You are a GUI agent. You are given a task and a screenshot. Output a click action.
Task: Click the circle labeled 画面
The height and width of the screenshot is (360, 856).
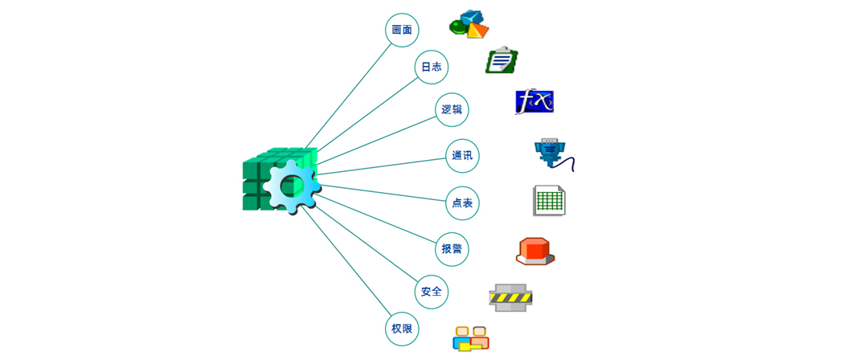(x=402, y=30)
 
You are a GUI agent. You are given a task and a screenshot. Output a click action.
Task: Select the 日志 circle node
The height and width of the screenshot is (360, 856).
(x=431, y=67)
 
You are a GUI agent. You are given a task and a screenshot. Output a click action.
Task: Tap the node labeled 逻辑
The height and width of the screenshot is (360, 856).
(x=452, y=109)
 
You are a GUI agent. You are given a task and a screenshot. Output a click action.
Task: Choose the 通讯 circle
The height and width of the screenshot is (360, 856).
(x=462, y=156)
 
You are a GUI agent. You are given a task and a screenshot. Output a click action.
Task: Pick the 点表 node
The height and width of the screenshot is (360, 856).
(x=462, y=203)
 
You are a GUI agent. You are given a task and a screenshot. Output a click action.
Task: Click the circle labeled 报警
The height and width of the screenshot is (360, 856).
(x=452, y=248)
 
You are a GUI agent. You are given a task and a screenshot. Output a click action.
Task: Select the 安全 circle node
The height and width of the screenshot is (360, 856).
(x=432, y=291)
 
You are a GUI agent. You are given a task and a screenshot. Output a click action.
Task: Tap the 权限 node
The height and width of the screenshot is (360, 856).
(x=402, y=329)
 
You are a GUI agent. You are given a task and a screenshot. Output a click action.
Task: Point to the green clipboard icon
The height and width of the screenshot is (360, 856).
(x=502, y=60)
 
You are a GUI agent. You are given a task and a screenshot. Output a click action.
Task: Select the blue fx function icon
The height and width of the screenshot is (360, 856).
(x=534, y=102)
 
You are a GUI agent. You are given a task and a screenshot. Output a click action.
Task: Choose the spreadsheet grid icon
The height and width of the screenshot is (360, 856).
(x=550, y=200)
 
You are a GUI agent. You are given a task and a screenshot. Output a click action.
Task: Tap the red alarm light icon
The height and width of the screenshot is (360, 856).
(x=535, y=250)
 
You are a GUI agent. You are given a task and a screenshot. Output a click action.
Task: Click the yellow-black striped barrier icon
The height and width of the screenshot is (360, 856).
(x=510, y=297)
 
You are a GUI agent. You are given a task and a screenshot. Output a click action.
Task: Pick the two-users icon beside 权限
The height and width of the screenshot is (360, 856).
(x=471, y=338)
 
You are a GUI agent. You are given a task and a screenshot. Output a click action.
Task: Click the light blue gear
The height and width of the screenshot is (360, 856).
(x=291, y=186)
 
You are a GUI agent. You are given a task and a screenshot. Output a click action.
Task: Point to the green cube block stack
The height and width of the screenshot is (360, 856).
(x=257, y=181)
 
